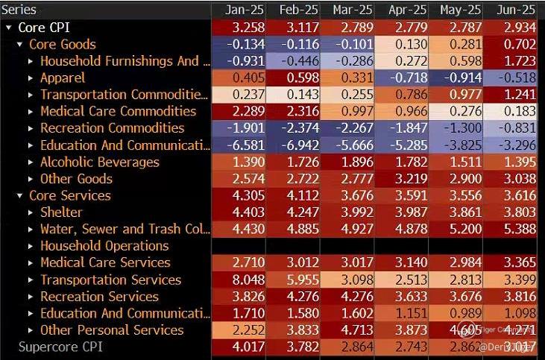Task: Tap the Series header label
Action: [x=20, y=10]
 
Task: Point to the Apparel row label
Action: [x=63, y=78]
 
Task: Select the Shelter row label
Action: [x=61, y=212]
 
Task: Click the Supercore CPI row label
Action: [x=60, y=347]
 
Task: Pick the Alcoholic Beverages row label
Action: [x=99, y=162]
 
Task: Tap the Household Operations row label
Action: [x=104, y=245]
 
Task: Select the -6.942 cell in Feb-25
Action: [x=299, y=145]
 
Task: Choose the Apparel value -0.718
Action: [x=407, y=78]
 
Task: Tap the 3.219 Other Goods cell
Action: [x=407, y=179]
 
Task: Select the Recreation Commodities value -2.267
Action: [x=353, y=128]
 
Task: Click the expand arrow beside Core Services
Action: [x=20, y=196]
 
